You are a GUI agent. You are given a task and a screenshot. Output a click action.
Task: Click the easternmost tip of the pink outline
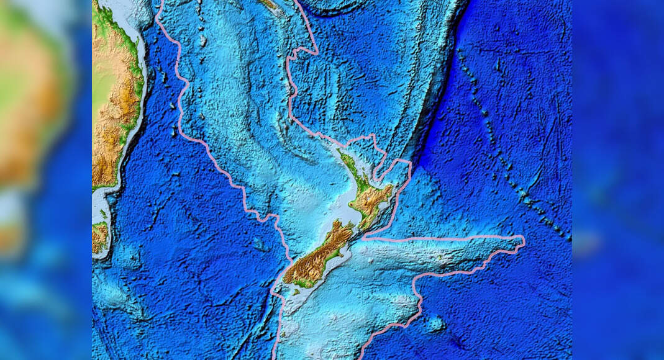[x=524, y=240]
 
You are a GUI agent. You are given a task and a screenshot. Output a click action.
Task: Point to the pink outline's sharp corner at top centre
[x=316, y=50]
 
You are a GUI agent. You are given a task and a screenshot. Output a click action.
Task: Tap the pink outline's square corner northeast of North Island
[x=409, y=163]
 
